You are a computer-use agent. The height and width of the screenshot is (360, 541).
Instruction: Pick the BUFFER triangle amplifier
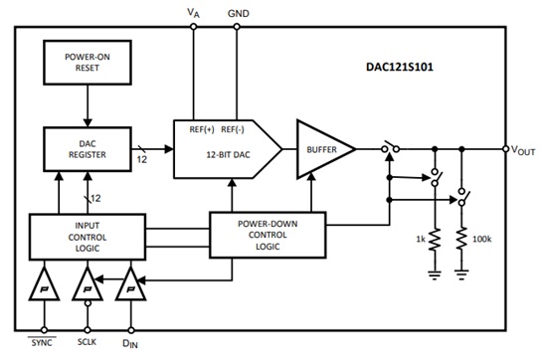click(x=321, y=149)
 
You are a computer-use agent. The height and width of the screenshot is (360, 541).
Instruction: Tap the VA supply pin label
click(x=194, y=12)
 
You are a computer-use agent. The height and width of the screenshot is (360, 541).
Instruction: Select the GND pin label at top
click(x=239, y=12)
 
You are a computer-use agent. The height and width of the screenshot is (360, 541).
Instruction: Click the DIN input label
click(x=130, y=342)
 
